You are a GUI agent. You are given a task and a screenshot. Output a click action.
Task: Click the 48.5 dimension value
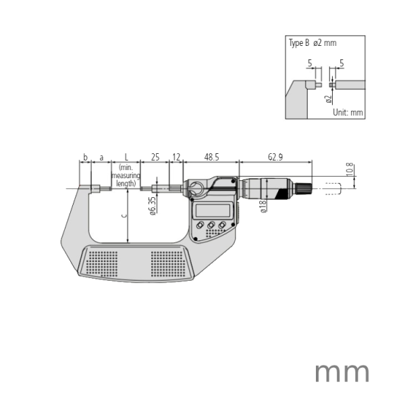pos(211,157)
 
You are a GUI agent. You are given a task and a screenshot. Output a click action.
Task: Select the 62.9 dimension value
pos(275,157)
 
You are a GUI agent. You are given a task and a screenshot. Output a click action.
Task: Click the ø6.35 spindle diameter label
pos(153,205)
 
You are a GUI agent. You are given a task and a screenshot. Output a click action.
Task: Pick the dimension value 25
pos(155,157)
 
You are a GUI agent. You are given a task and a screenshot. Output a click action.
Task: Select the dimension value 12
pos(175,157)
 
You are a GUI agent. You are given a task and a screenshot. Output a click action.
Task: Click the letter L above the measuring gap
pos(126,157)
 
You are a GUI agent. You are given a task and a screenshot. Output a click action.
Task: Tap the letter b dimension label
pos(85,157)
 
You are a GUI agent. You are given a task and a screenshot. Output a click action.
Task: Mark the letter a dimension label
pos(102,157)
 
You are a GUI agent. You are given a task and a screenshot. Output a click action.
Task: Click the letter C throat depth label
pos(122,216)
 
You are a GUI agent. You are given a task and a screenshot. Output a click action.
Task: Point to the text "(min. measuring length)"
pos(126,175)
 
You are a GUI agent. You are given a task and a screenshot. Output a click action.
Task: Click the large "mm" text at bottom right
pos(342,372)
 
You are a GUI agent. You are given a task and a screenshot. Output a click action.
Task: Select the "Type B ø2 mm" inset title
pos(313,43)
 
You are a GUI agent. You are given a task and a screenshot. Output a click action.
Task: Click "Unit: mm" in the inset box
pos(348,112)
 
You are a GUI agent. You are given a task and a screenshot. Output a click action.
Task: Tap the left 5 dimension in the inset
pos(310,63)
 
